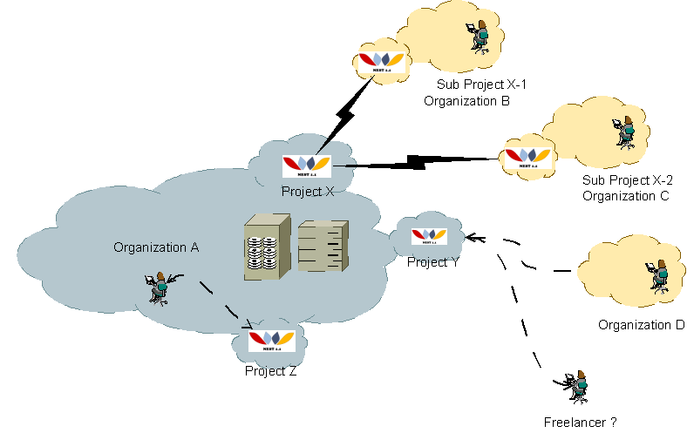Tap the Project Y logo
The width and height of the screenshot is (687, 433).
pos(428,234)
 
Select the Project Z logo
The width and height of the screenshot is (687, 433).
pos(271,341)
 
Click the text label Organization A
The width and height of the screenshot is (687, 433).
pos(156,247)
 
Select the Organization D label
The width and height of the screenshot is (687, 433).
pos(641,325)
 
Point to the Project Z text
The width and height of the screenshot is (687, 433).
pos(271,370)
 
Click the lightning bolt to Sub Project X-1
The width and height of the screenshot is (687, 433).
pos(346,112)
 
